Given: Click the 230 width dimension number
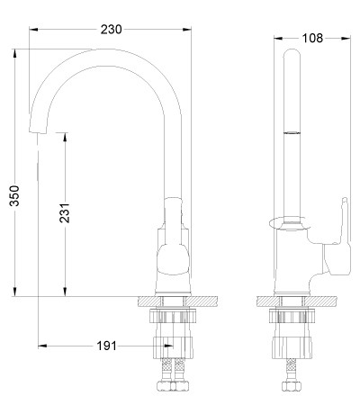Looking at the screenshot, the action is tap(111, 30).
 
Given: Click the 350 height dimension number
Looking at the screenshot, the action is tap(14, 196).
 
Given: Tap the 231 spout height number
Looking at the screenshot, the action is tap(65, 213).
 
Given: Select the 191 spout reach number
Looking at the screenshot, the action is tap(106, 346).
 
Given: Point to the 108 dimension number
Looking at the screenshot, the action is tap(312, 38).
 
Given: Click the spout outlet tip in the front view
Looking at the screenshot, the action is tap(38, 130).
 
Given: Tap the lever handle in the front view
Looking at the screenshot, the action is tap(174, 236).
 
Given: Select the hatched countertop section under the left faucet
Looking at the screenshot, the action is tap(177, 301).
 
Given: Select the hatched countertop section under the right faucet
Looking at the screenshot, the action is tap(296, 301).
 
